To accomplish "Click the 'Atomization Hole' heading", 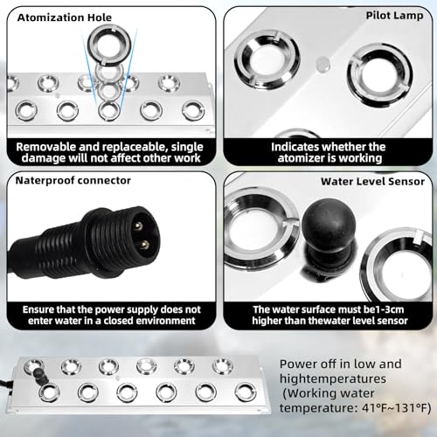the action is click(65, 17).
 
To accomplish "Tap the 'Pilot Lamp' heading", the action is click(394, 16).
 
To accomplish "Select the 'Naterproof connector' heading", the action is click(73, 181).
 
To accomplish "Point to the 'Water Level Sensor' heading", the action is click(372, 182).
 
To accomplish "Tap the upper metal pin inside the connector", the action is click(138, 225).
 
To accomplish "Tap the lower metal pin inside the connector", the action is click(143, 245).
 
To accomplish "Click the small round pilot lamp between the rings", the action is click(323, 65).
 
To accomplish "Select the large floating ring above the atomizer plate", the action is click(109, 45).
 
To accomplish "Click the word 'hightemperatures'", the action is click(333, 378).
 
